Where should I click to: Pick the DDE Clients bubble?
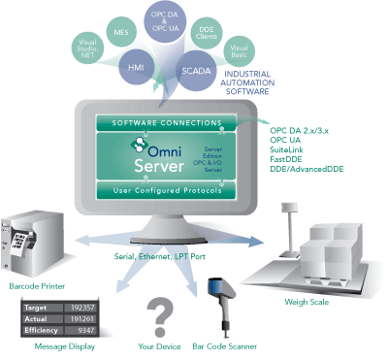(x=207, y=34)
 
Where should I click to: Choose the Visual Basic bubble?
(x=237, y=49)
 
